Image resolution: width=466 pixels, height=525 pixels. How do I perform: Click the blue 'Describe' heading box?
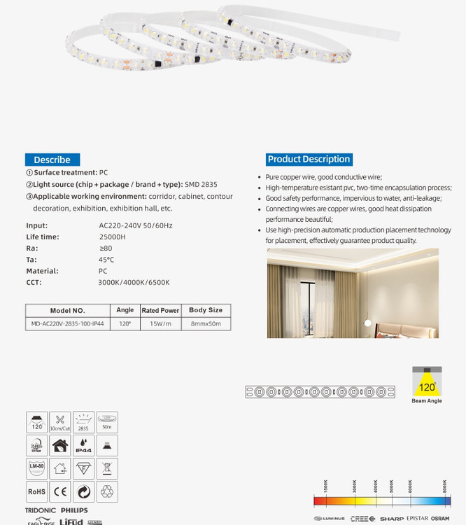coord(52,160)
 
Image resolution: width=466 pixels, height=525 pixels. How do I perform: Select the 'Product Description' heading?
coord(309,159)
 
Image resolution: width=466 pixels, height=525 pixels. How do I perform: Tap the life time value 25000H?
coord(113,237)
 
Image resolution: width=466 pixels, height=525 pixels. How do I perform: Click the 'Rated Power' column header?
coord(160,310)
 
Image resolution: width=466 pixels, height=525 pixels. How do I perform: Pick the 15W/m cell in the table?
coord(160,324)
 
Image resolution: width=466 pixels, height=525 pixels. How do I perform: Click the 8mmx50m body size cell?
coord(206,324)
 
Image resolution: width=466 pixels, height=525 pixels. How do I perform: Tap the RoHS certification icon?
coord(37,491)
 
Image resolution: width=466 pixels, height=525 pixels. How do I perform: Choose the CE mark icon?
coord(60,491)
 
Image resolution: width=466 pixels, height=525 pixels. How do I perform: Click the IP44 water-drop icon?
coord(83,445)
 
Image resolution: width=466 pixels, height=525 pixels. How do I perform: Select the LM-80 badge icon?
coord(37,468)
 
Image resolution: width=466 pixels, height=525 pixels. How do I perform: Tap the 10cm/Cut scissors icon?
coord(60,422)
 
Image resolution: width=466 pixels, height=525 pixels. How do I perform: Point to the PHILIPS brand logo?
coord(74,511)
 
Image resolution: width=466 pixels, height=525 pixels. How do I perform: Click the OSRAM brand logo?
coord(440,519)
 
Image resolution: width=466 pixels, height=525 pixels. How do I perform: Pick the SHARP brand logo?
coord(392,519)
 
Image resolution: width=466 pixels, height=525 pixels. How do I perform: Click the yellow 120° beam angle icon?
coord(427,384)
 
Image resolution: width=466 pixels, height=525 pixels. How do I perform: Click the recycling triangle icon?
coord(106,491)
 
